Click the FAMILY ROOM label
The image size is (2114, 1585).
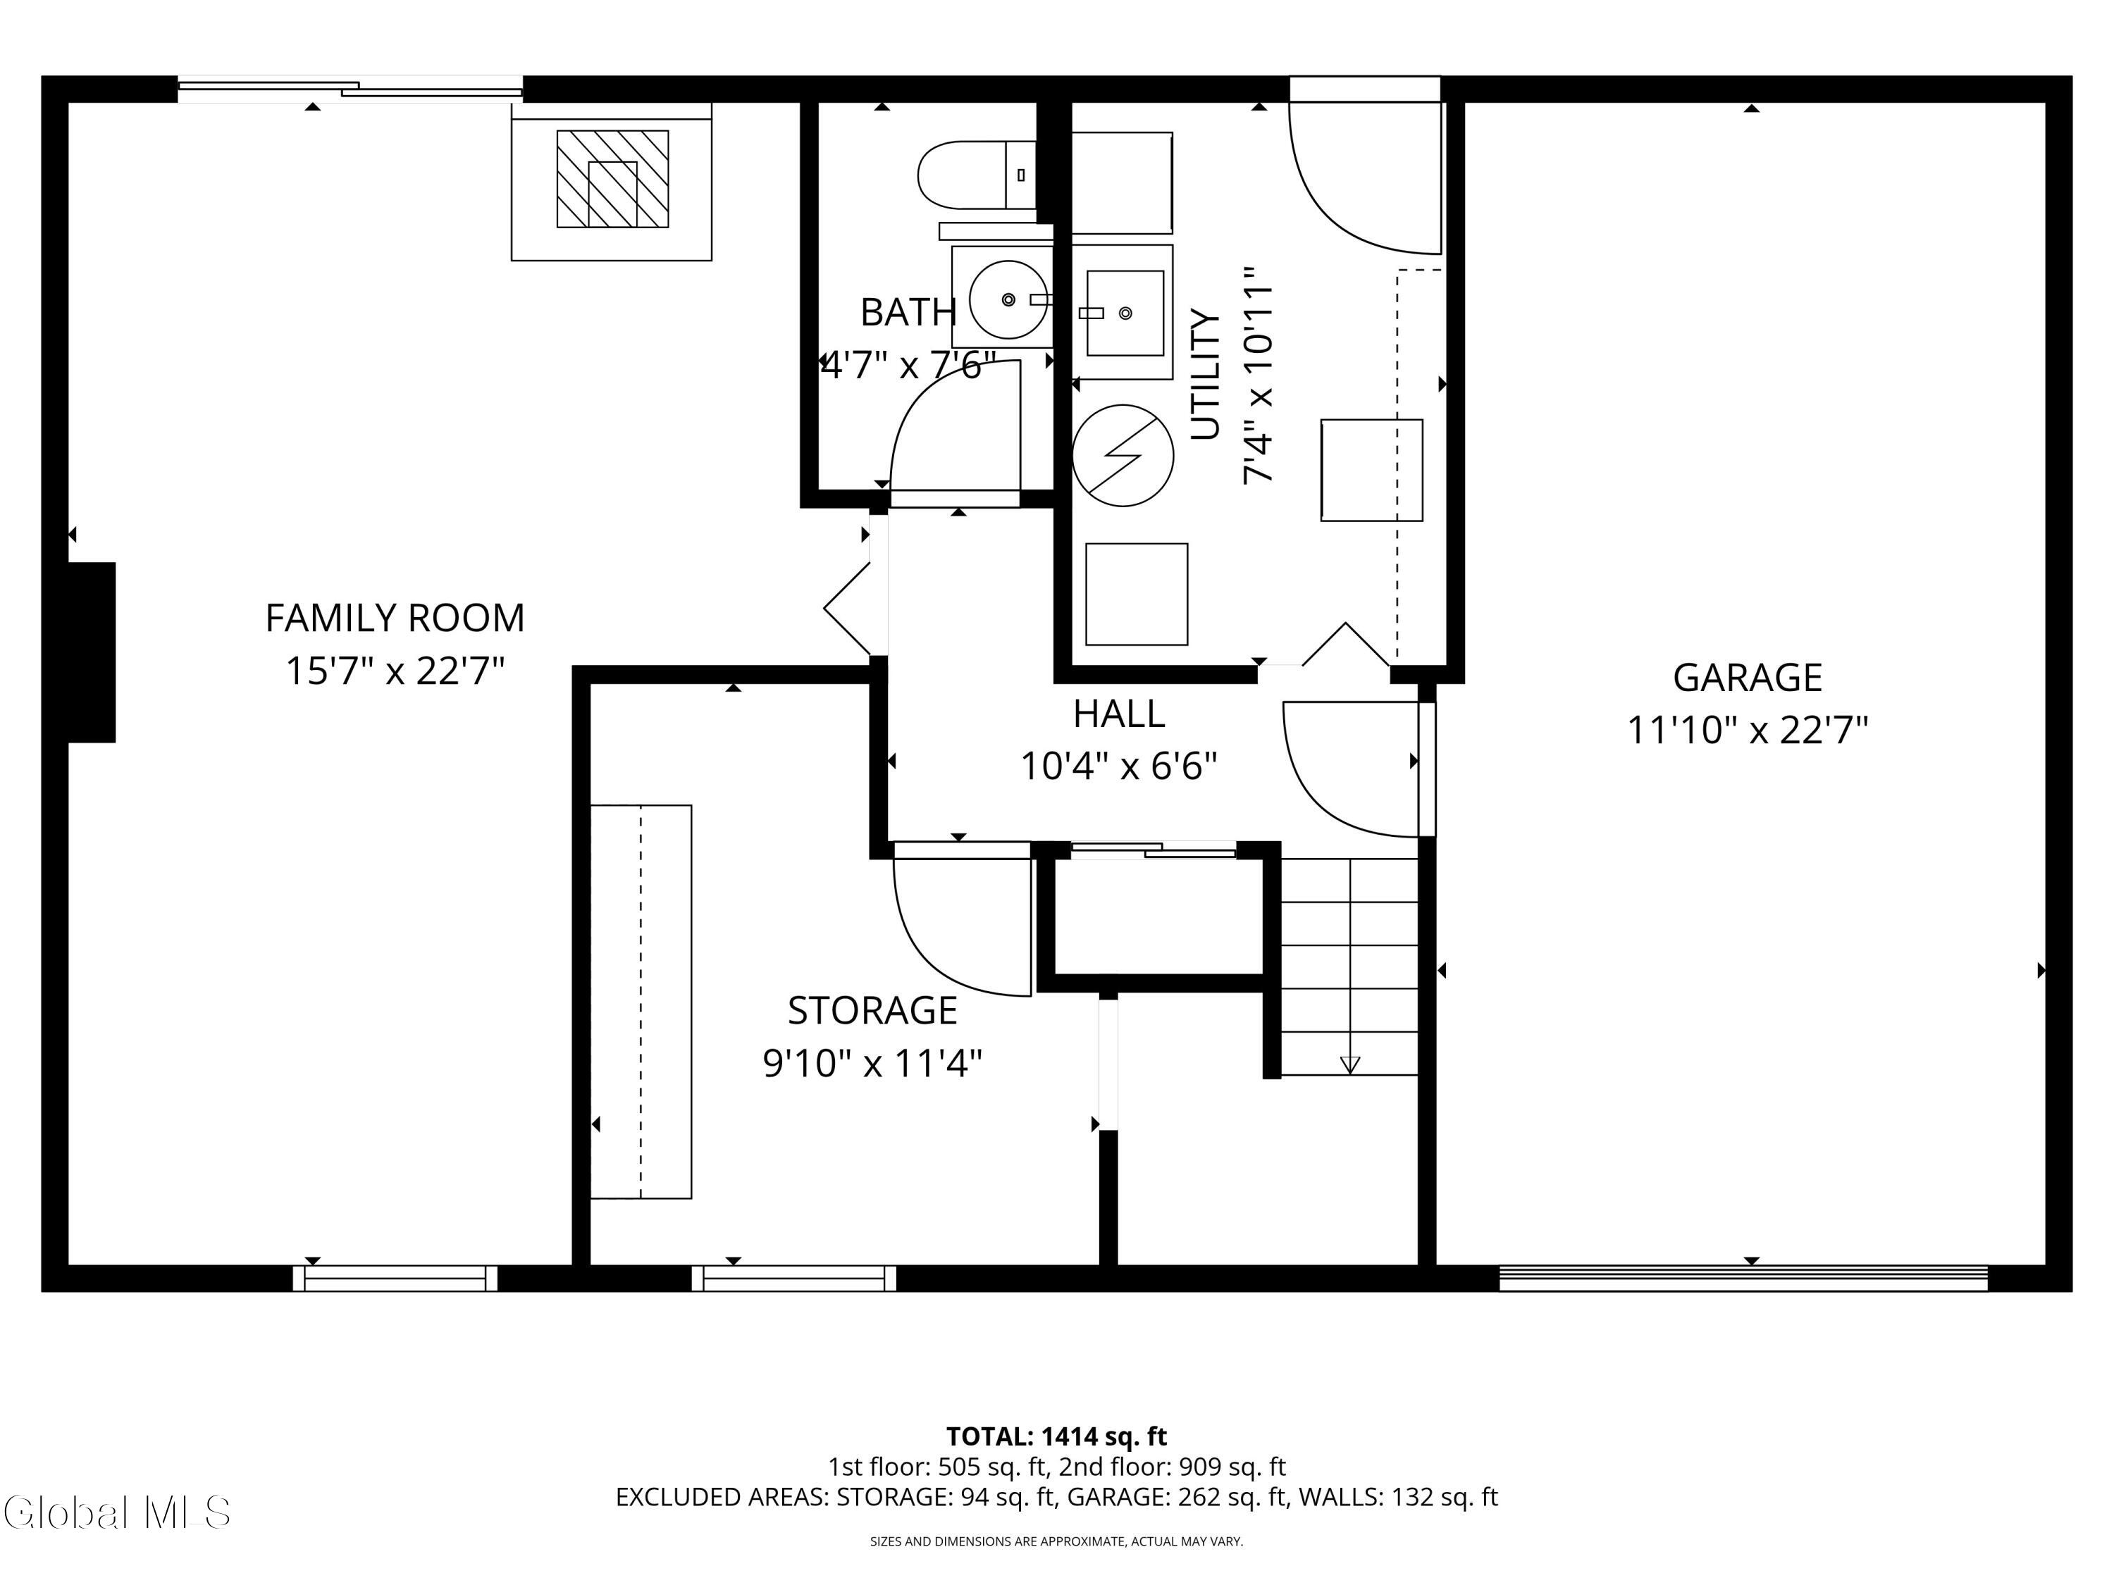click(395, 618)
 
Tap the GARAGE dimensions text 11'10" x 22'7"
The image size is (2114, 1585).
click(1747, 731)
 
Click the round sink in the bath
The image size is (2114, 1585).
click(1008, 299)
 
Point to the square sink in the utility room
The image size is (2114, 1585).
click(1125, 312)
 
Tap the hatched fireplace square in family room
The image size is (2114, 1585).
click(612, 179)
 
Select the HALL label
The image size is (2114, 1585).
click(1118, 714)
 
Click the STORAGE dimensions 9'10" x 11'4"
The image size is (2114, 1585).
click(872, 1062)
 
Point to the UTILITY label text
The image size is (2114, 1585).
click(1206, 375)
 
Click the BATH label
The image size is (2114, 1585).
click(908, 312)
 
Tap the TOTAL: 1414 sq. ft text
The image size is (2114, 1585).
click(1056, 1436)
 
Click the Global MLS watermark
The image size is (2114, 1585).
click(116, 1512)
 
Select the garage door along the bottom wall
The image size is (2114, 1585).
click(1743, 1279)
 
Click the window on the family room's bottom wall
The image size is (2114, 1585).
click(395, 1279)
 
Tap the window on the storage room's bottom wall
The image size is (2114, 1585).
click(794, 1279)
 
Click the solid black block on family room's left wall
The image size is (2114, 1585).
click(92, 652)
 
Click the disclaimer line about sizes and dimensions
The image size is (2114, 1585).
click(1056, 1541)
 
